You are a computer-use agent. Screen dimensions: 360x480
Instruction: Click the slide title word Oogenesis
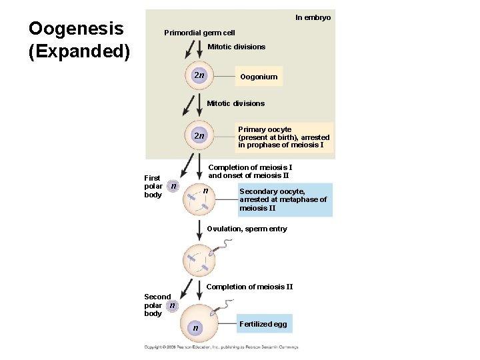[75, 29]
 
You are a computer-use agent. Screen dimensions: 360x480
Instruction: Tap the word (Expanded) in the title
[79, 51]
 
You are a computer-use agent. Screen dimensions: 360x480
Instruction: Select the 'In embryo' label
[313, 17]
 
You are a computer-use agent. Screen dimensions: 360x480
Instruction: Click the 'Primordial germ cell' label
[199, 33]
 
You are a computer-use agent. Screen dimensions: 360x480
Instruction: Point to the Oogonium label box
[259, 77]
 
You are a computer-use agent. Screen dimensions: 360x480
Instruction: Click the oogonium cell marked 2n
[199, 75]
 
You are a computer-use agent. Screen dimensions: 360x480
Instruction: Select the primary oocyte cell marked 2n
[199, 135]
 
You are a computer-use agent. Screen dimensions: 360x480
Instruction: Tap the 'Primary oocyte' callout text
[283, 137]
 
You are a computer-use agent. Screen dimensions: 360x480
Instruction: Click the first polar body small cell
[173, 187]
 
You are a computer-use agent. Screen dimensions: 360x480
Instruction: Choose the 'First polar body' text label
[153, 187]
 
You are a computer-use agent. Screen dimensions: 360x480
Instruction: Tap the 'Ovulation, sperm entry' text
[247, 229]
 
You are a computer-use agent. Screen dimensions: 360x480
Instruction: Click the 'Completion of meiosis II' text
[249, 287]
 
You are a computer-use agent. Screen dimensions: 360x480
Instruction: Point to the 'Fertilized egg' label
[263, 324]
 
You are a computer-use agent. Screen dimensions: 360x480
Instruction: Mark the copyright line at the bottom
[221, 347]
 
